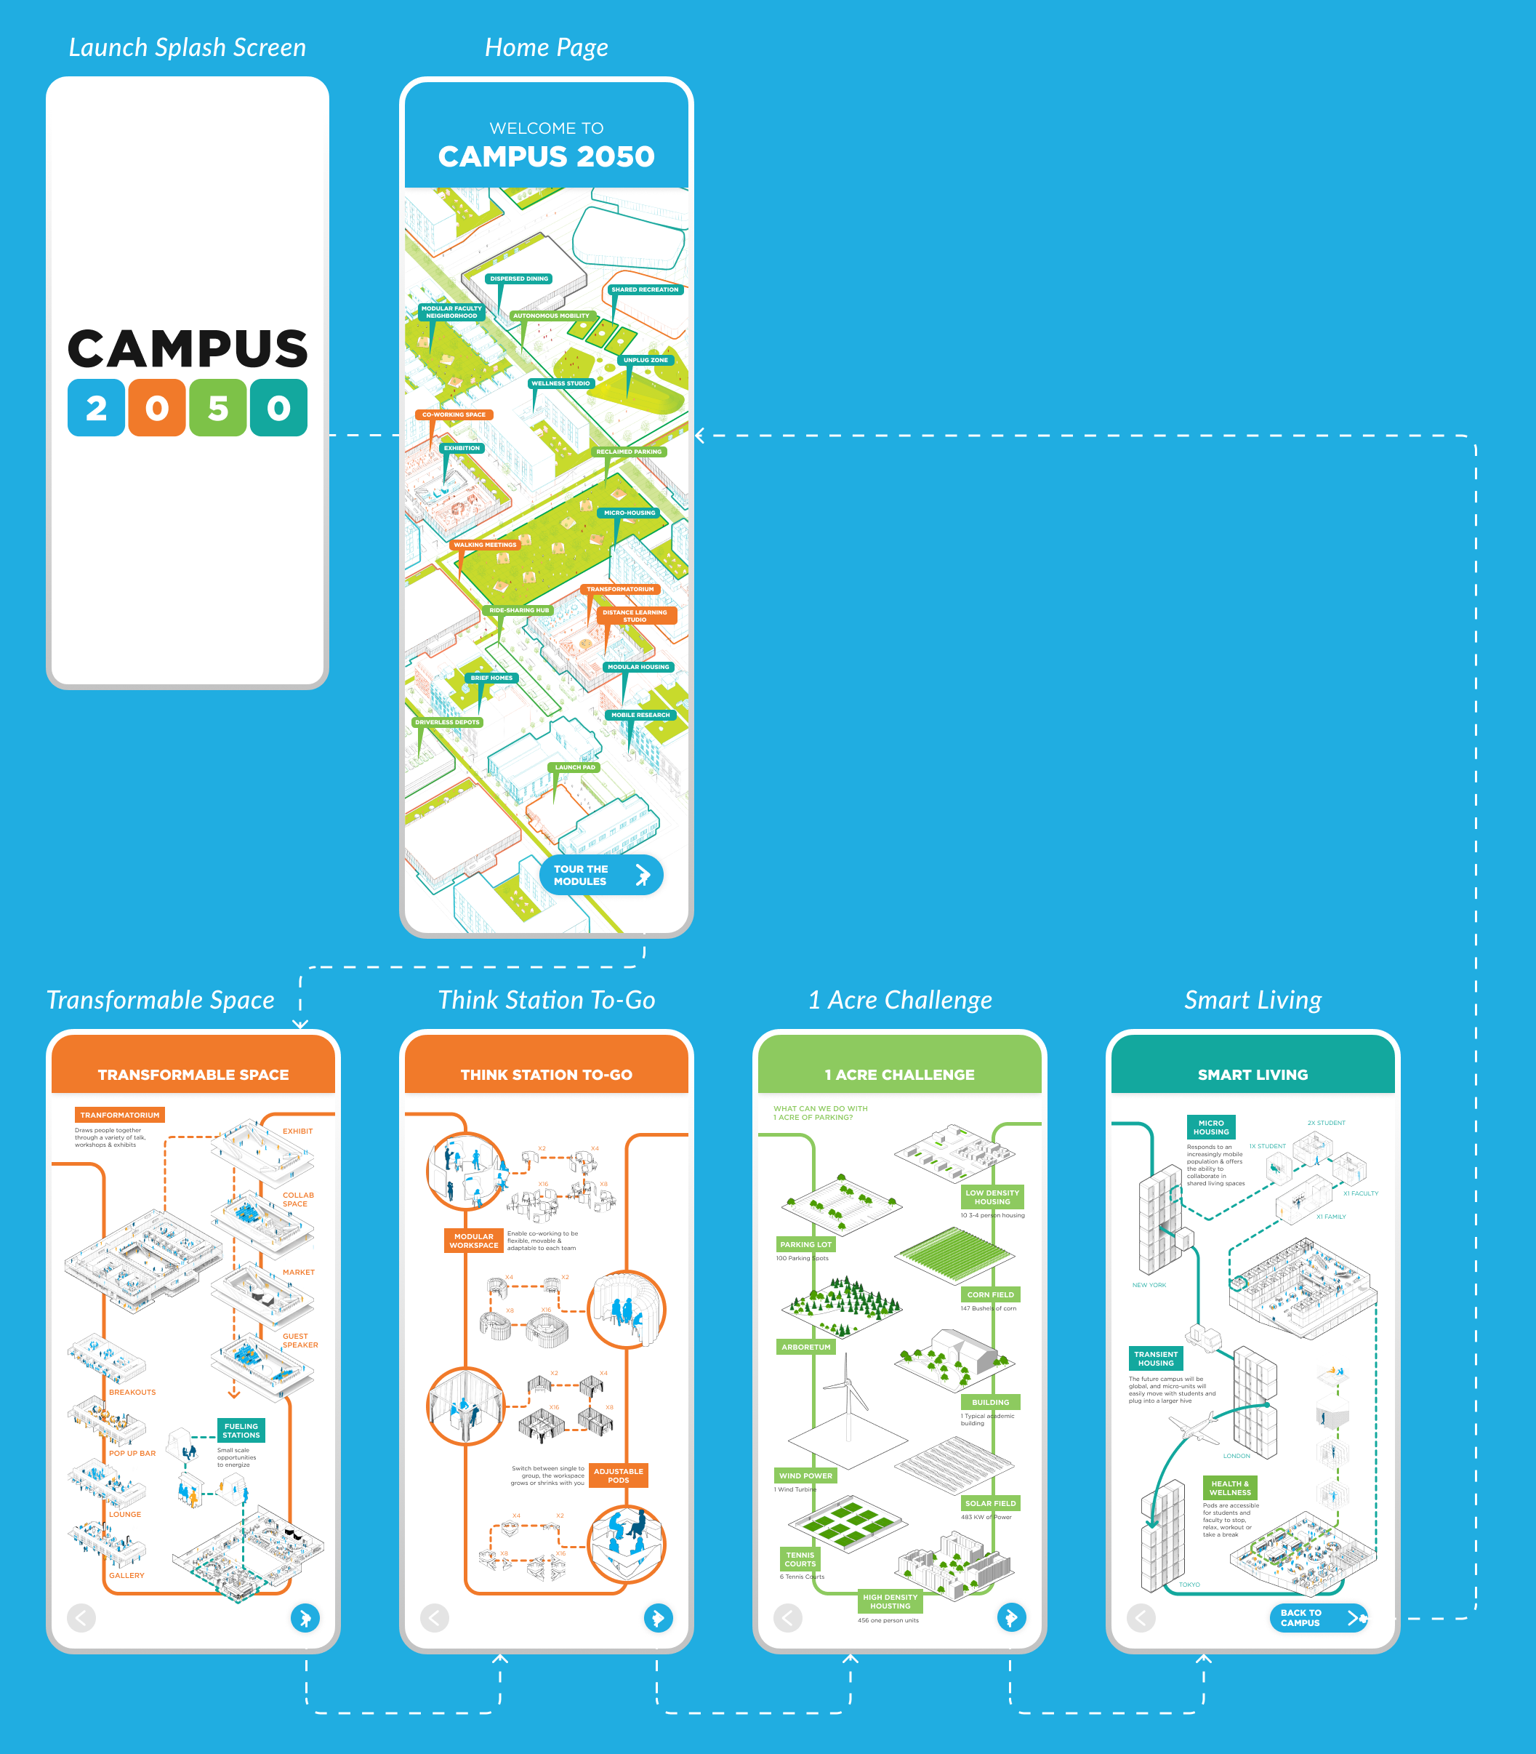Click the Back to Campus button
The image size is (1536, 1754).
tap(1317, 1618)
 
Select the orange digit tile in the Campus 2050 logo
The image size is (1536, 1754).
tap(157, 408)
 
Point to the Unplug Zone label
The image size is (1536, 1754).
tap(646, 360)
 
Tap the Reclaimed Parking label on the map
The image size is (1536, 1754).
tap(628, 452)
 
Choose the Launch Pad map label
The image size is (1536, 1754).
tap(574, 767)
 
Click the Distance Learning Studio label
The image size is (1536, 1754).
tap(635, 615)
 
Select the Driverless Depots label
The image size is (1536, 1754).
tap(448, 722)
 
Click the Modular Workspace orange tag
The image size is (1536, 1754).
tap(474, 1241)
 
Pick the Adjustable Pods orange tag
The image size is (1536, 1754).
tap(618, 1475)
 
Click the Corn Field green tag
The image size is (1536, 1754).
tap(990, 1294)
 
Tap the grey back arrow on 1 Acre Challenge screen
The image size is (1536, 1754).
tap(788, 1618)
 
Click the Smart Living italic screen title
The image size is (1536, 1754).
tap(1252, 1000)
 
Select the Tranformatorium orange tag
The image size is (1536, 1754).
tap(120, 1116)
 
